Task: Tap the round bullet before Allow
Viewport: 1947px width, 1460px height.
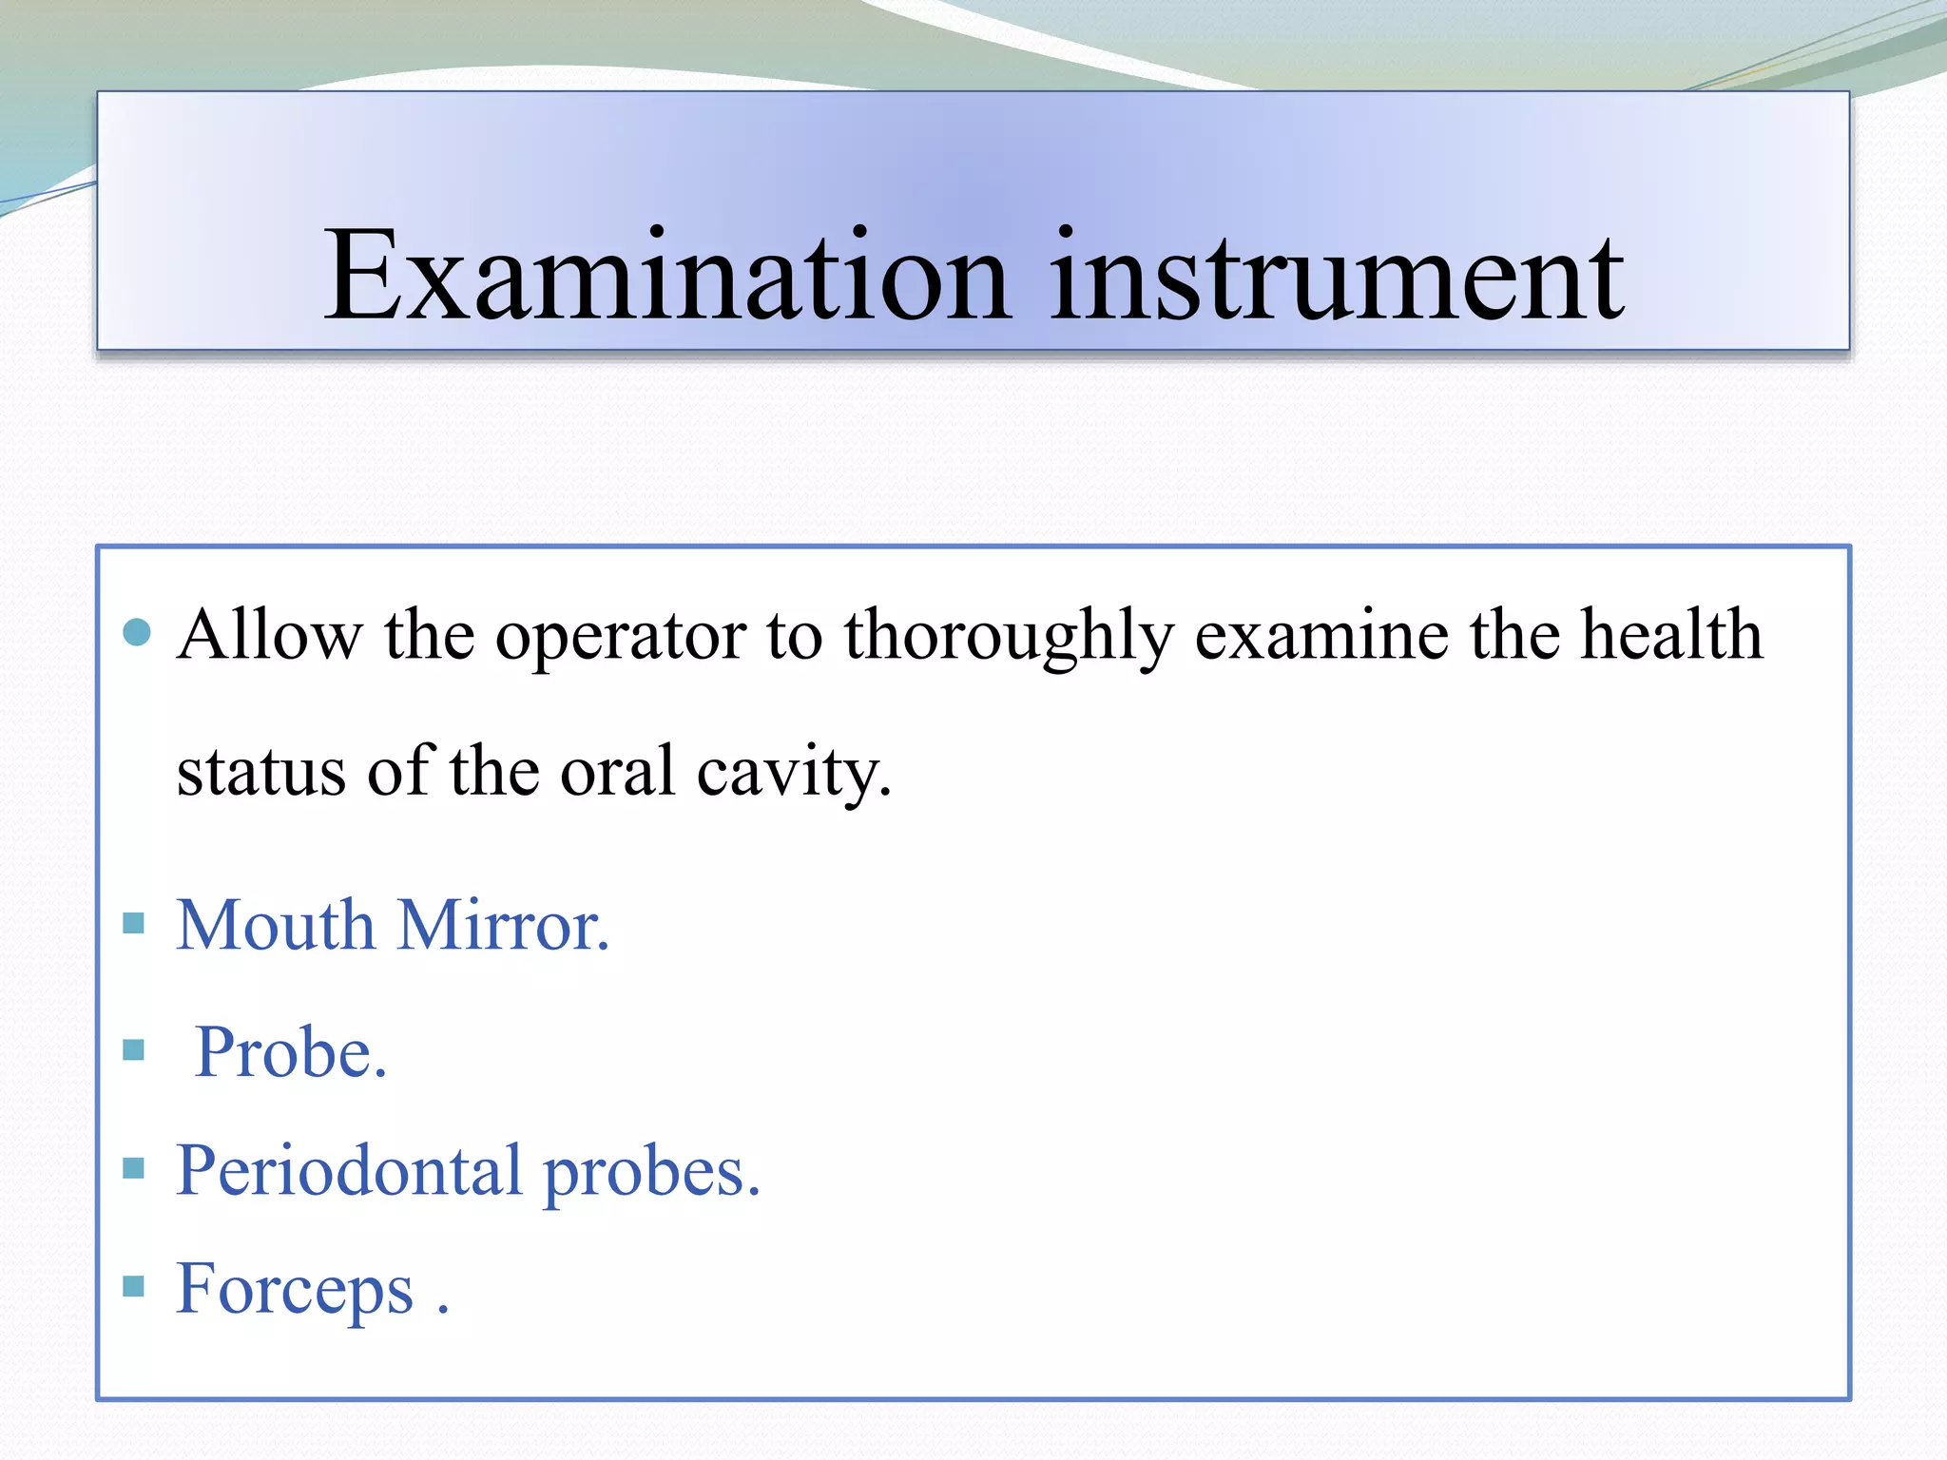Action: point(138,632)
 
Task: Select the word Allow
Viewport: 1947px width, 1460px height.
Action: point(270,635)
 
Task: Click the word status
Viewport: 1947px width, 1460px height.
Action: point(260,772)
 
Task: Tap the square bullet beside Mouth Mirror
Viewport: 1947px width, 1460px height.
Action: point(134,923)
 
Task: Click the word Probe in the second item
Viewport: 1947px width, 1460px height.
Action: point(290,1053)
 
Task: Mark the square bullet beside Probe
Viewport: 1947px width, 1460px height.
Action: point(134,1050)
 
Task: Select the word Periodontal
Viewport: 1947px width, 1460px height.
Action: point(349,1171)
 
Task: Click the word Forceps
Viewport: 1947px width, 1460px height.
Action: point(295,1290)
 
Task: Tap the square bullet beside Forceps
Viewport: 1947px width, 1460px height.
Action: point(134,1287)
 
